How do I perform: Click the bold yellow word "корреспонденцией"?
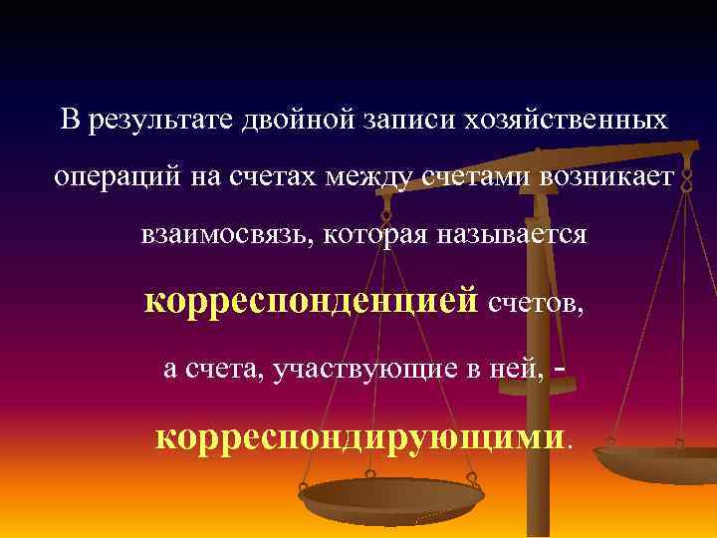pos(311,301)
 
